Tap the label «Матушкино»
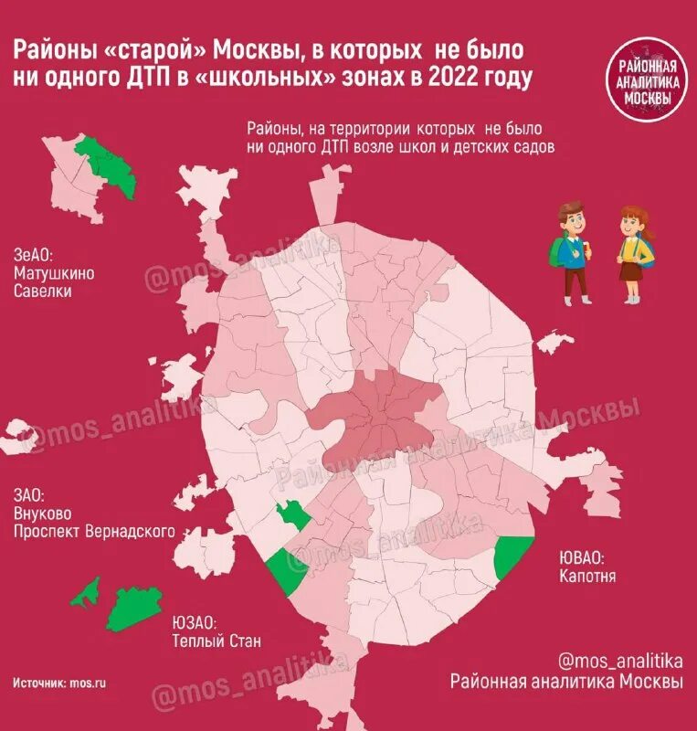(54, 272)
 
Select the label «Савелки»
(42, 291)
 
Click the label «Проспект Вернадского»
(94, 531)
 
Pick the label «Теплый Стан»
(216, 641)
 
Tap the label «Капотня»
(587, 576)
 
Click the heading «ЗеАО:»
(34, 253)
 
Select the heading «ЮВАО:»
(582, 556)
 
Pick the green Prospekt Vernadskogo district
(293, 514)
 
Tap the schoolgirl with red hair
(634, 254)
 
